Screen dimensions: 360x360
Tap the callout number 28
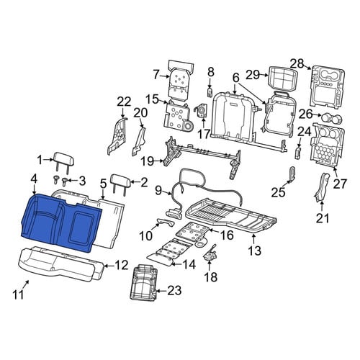point(297,64)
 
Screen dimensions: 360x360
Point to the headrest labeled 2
point(121,184)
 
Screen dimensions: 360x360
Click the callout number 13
point(254,251)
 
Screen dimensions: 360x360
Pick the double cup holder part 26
point(332,118)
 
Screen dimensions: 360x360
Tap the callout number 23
point(174,291)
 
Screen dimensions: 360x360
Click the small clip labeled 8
point(210,92)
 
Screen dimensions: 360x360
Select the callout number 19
point(148,161)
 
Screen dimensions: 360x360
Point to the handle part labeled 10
point(166,222)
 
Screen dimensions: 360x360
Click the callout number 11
point(18,294)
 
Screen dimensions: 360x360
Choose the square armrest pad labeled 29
point(284,78)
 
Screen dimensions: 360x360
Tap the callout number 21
point(323,218)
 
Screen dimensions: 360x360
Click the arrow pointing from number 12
point(109,266)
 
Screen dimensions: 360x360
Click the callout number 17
point(204,134)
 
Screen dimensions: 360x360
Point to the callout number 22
point(124,102)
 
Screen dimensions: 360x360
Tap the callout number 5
point(103,185)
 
